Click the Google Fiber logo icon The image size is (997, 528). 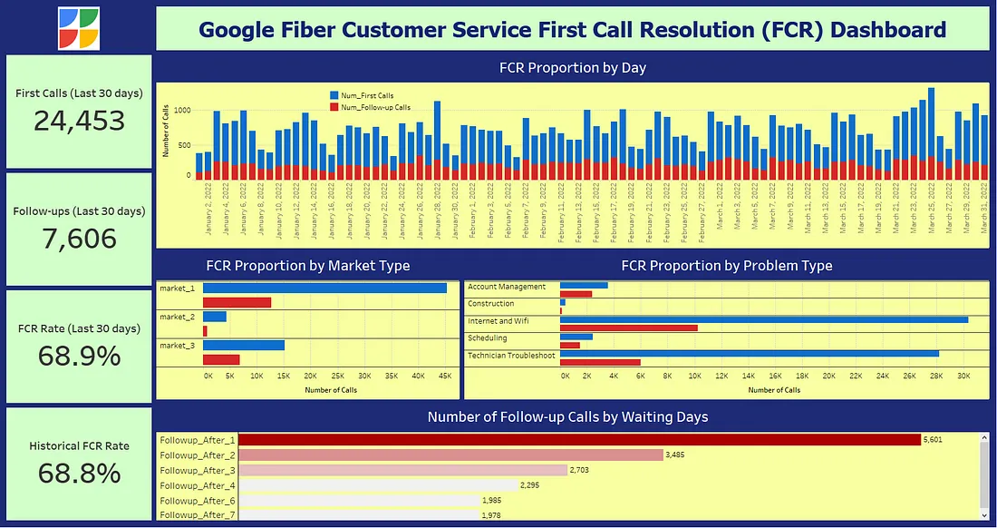79,28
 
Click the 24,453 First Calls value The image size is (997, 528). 79,121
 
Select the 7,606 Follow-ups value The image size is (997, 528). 79,239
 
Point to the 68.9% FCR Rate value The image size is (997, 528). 79,356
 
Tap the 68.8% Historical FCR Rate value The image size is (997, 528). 79,473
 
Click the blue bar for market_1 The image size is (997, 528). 324,288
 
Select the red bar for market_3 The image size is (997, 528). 221,359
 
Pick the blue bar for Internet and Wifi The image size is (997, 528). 763,319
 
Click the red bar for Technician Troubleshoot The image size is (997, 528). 600,363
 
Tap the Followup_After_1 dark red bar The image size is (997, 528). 579,439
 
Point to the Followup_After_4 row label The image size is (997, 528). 197,485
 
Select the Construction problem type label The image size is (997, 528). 491,304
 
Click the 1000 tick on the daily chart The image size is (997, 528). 181,111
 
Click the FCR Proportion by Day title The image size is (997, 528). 572,67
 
